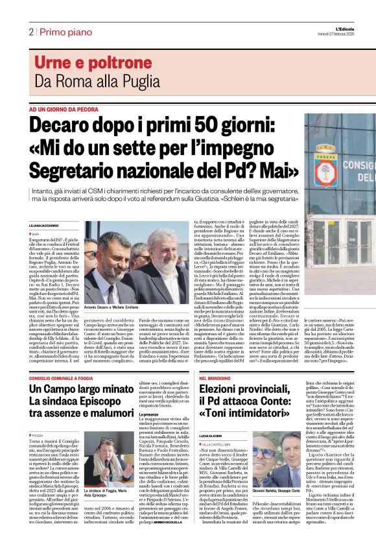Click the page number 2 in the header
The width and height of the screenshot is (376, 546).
(x=30, y=31)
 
